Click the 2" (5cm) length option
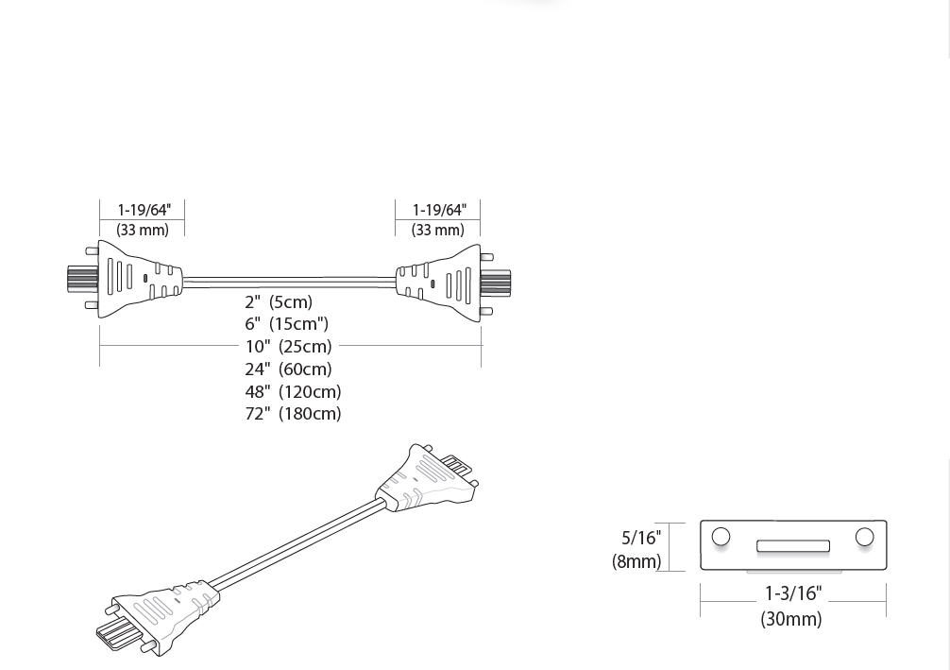click(x=279, y=302)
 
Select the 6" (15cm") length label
click(x=286, y=324)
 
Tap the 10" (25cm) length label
click(x=288, y=347)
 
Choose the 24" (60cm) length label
click(x=288, y=369)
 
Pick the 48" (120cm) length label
click(x=293, y=391)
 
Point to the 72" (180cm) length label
click(x=293, y=414)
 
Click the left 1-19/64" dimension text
click(x=144, y=210)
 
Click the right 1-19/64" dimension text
click(x=439, y=210)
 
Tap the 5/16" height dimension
click(x=641, y=538)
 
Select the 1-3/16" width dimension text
click(x=793, y=594)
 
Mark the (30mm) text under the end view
click(x=791, y=619)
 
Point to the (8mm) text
click(x=636, y=561)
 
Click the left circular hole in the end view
click(x=721, y=537)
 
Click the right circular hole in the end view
click(x=864, y=537)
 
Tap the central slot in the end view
click(x=793, y=545)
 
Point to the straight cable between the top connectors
click(x=288, y=281)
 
